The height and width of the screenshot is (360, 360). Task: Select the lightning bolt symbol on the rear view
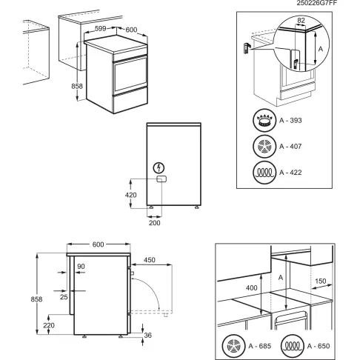pyautogui.click(x=160, y=167)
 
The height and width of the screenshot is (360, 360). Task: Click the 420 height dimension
pyautogui.click(x=131, y=196)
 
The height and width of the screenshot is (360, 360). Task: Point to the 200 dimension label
pyautogui.click(x=153, y=222)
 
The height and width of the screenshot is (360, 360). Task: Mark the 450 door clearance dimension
pyautogui.click(x=150, y=259)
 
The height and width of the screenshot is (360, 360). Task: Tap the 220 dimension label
pyautogui.click(x=48, y=325)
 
